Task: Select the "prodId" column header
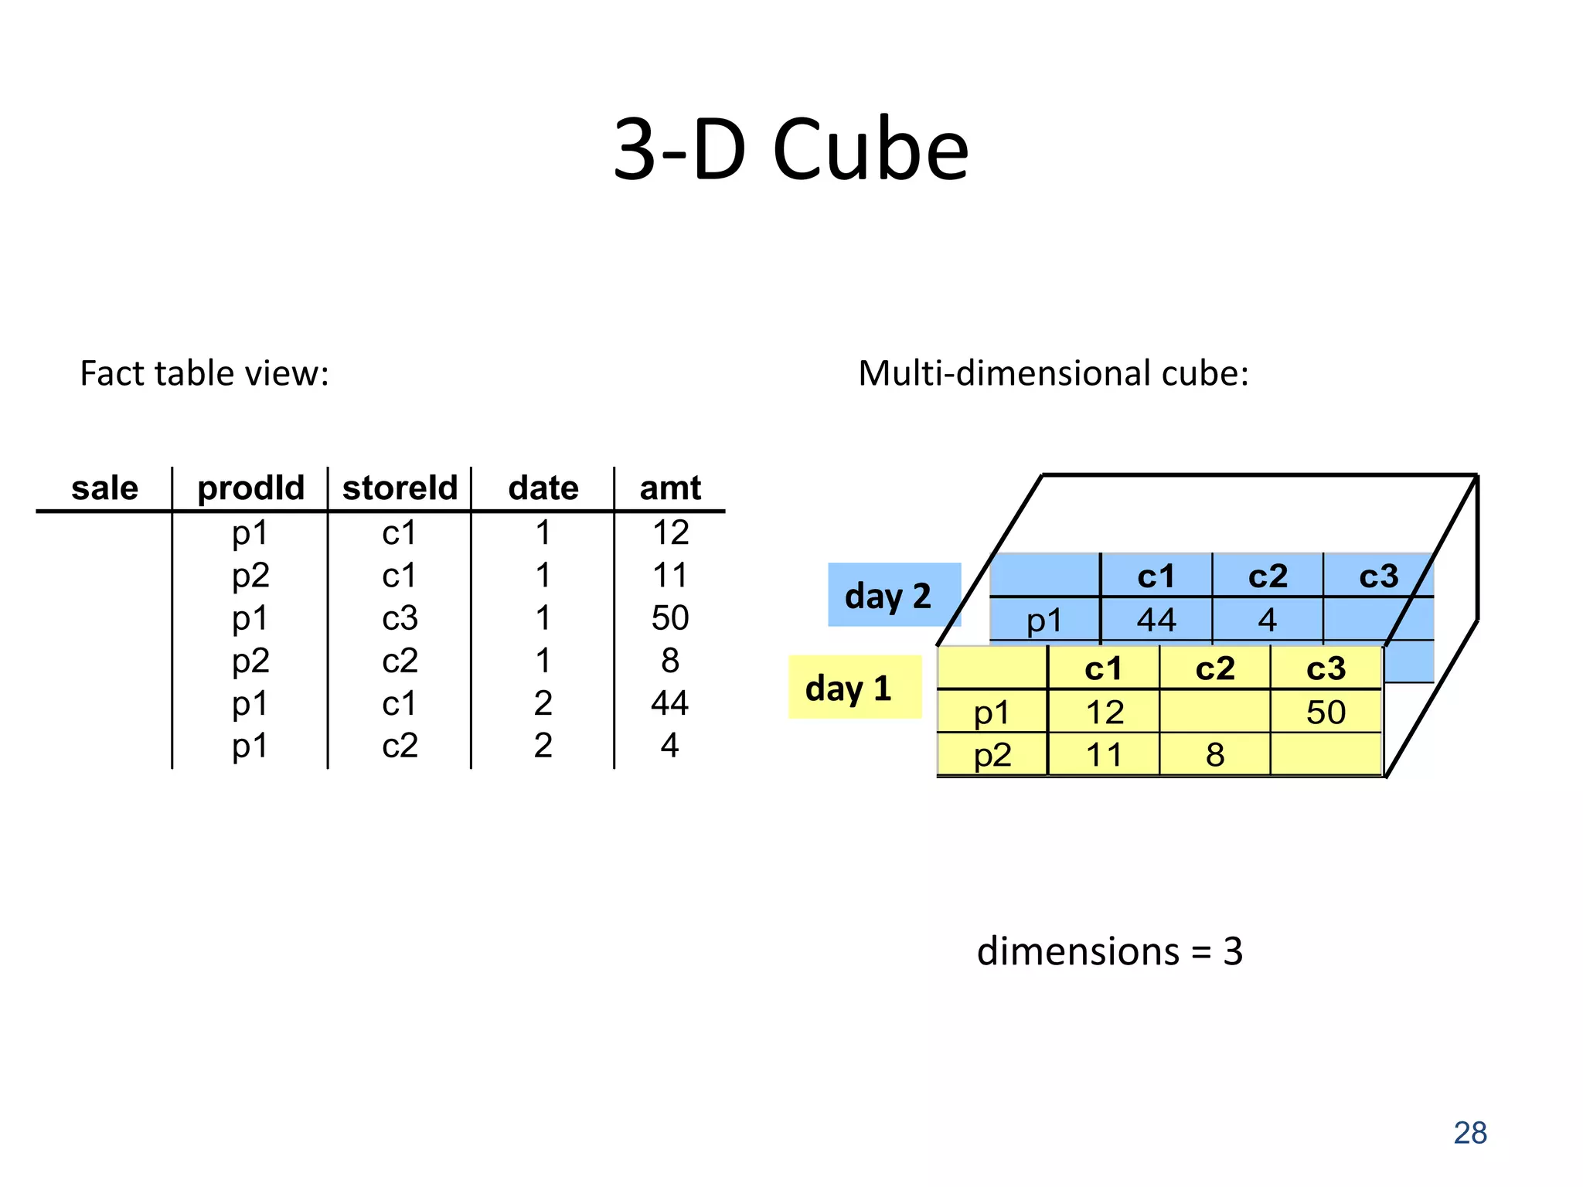(x=250, y=488)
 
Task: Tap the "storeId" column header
(x=400, y=488)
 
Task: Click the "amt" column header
(x=670, y=488)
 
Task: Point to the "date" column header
(x=543, y=488)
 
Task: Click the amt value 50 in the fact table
(x=669, y=618)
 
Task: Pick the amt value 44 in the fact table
(x=669, y=703)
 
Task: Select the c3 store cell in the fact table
(x=400, y=618)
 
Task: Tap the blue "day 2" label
(x=889, y=596)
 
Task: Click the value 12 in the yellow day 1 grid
(x=1105, y=713)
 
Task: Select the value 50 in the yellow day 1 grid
(x=1326, y=713)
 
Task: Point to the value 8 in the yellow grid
(x=1215, y=755)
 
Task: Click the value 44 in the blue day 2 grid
(x=1156, y=620)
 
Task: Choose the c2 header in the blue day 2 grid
(x=1268, y=576)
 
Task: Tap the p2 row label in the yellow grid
(x=992, y=755)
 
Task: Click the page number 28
(x=1469, y=1133)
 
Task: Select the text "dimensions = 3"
(x=1109, y=951)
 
